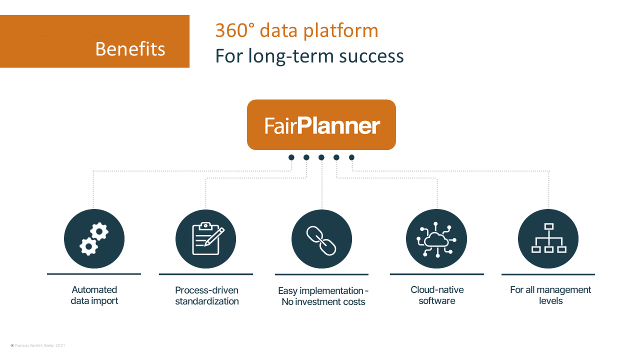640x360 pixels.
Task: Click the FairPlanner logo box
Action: point(321,124)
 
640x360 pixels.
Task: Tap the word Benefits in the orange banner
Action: point(130,49)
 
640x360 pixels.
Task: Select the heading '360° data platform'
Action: point(296,30)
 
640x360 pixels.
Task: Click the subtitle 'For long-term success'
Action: point(309,55)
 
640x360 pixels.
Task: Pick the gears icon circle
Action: point(94,239)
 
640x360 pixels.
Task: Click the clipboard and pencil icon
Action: point(206,239)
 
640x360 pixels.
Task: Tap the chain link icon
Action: point(321,239)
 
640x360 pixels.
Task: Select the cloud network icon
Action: point(436,239)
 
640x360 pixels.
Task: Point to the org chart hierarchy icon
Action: point(548,239)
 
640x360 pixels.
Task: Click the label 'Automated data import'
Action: point(94,295)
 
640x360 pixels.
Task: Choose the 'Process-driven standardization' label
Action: point(206,295)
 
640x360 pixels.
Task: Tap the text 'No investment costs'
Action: point(323,302)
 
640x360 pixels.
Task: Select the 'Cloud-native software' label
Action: point(437,295)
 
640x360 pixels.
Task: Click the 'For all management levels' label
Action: point(550,295)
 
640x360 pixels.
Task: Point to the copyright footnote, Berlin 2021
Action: point(38,345)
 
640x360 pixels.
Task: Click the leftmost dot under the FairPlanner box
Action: point(291,157)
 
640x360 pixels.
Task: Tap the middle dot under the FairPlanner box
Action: point(321,157)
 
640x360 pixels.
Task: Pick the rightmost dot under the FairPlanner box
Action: point(351,157)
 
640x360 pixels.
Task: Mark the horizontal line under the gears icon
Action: point(94,274)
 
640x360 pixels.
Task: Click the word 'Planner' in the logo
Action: point(338,125)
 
